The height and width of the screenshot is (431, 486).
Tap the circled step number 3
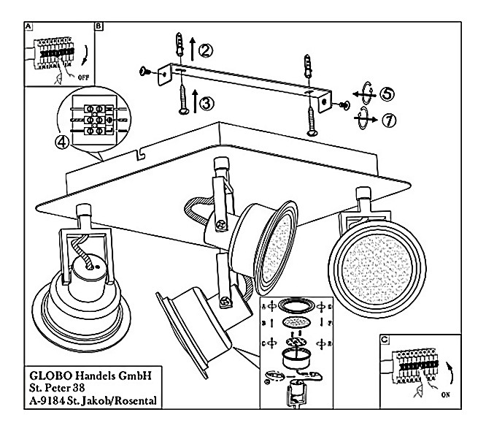coord(207,103)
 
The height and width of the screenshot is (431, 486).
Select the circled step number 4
coord(64,142)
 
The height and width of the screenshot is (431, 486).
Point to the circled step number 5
coord(388,94)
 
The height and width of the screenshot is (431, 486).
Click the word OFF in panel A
coord(84,75)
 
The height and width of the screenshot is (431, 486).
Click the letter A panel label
coord(28,26)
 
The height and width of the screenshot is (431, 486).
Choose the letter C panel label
coord(384,338)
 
